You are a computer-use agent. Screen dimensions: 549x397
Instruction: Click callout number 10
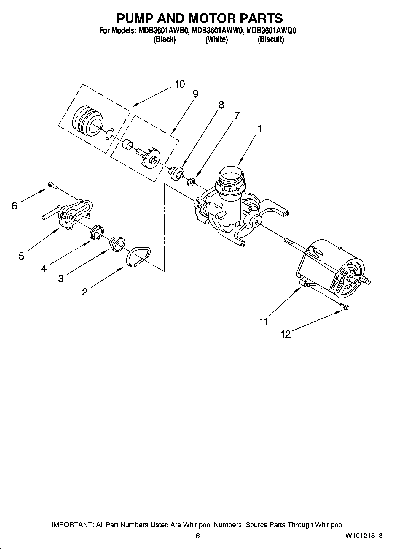(x=180, y=84)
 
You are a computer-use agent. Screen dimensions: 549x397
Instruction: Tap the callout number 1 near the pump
(x=259, y=129)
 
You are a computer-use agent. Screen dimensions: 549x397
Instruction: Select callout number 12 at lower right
(x=286, y=335)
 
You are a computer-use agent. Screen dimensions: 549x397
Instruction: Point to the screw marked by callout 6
(x=52, y=186)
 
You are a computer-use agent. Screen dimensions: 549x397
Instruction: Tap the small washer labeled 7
(x=191, y=181)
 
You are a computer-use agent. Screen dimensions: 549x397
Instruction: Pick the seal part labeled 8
(x=176, y=173)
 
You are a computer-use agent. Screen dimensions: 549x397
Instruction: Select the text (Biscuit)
(x=270, y=40)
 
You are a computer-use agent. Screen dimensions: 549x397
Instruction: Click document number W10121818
(x=363, y=536)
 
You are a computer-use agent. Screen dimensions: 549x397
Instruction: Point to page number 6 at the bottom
(x=198, y=536)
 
